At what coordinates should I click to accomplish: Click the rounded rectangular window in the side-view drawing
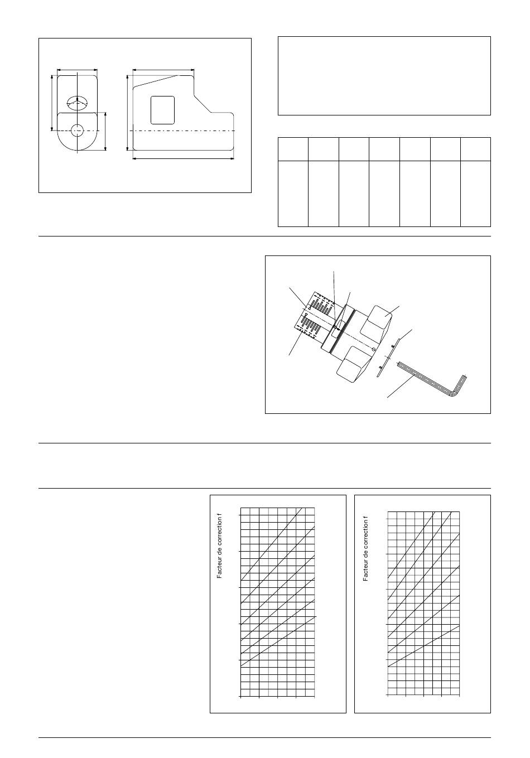click(162, 110)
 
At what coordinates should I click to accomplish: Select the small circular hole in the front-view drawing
click(78, 131)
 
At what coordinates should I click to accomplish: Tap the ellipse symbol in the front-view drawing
click(77, 103)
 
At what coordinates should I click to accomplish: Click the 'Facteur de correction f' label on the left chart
click(220, 546)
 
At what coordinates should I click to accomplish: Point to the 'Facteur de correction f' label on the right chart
click(365, 549)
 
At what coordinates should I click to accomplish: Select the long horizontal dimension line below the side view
click(183, 158)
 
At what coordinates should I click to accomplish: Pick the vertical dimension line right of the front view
click(105, 132)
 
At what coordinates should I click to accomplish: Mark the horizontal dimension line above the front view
click(78, 70)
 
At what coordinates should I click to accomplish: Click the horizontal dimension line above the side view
click(163, 70)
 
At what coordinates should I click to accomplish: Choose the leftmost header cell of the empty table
click(293, 149)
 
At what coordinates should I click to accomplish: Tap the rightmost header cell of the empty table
click(475, 149)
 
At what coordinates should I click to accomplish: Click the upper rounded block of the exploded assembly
click(376, 323)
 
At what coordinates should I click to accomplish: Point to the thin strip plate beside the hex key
click(388, 356)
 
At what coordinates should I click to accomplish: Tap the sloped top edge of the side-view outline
click(156, 81)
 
